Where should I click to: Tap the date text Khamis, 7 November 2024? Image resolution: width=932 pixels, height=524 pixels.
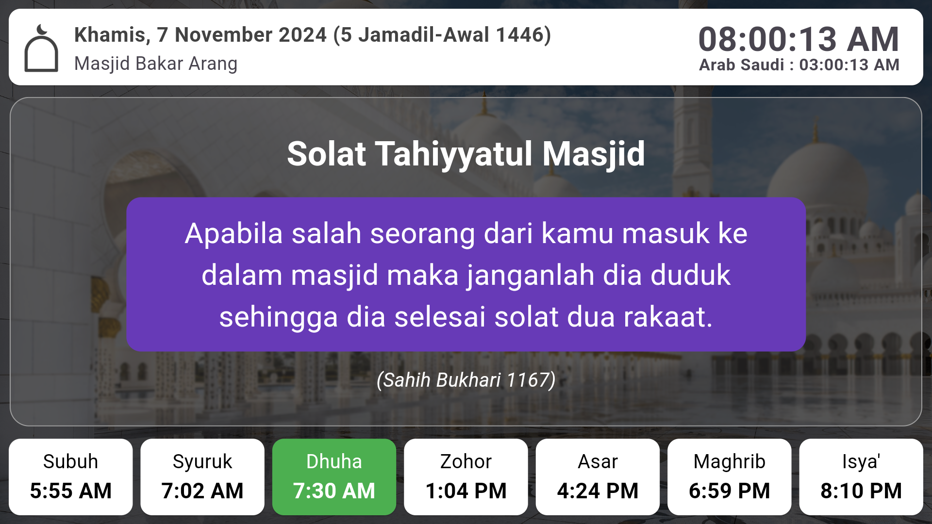pyautogui.click(x=200, y=35)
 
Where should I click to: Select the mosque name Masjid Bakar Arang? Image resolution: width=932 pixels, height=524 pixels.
pyautogui.click(x=156, y=64)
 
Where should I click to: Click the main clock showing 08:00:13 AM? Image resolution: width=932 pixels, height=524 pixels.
pyautogui.click(x=799, y=39)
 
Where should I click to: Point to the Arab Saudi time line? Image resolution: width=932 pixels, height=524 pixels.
pyautogui.click(x=799, y=65)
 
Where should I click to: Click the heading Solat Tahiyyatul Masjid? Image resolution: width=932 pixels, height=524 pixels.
pyautogui.click(x=466, y=154)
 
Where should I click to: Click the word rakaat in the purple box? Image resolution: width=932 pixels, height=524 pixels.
pyautogui.click(x=668, y=317)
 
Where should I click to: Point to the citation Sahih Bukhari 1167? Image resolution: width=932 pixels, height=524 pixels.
pyautogui.click(x=466, y=380)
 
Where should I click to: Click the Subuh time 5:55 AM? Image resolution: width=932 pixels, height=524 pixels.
pyautogui.click(x=71, y=491)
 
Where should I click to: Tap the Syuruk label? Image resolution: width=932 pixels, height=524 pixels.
pyautogui.click(x=202, y=462)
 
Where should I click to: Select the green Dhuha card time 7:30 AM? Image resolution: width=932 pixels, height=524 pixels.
pyautogui.click(x=334, y=491)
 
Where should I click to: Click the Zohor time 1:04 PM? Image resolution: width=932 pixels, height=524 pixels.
pyautogui.click(x=466, y=491)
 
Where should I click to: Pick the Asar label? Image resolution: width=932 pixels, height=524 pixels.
pyautogui.click(x=598, y=461)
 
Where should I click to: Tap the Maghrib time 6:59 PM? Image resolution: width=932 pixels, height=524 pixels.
pyautogui.click(x=730, y=491)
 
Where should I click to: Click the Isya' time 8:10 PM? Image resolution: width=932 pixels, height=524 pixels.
pyautogui.click(x=861, y=491)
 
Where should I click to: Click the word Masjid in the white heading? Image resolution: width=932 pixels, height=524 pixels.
pyautogui.click(x=594, y=154)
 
